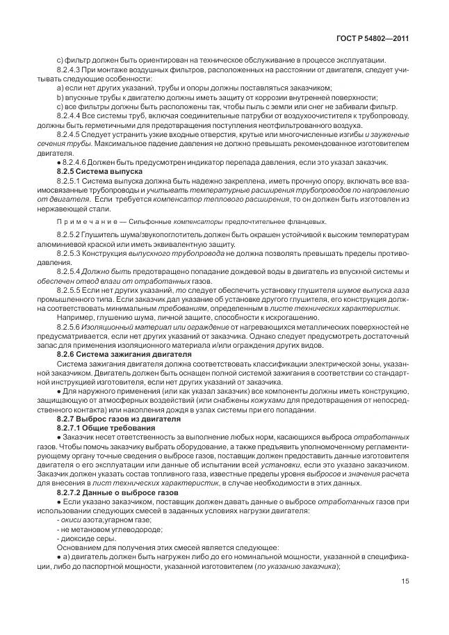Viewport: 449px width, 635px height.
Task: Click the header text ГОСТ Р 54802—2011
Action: coord(373,39)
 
